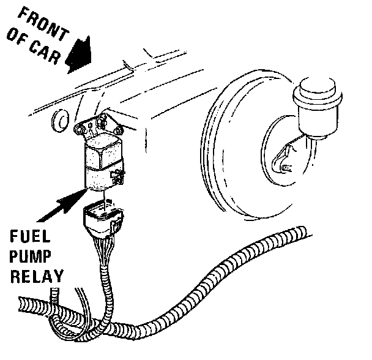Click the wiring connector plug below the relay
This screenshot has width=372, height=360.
(103, 221)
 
